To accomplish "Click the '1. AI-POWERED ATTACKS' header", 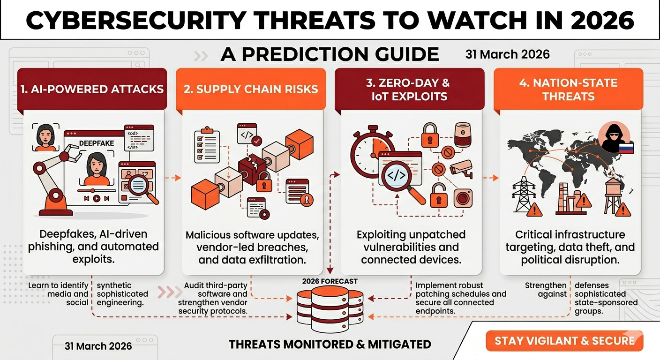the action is click(x=92, y=89).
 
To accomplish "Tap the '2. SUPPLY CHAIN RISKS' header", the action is click(x=251, y=89).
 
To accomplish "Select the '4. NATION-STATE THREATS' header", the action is click(x=569, y=90).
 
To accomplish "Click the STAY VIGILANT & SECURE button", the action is click(x=564, y=341).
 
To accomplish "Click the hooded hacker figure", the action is click(x=614, y=137).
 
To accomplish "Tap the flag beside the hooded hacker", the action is click(x=626, y=148).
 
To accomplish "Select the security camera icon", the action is click(x=461, y=169).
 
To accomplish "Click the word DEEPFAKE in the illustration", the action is click(x=97, y=143).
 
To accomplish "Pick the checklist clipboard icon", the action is click(x=207, y=145).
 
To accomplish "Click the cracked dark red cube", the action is click(x=252, y=169).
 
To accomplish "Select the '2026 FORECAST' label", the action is click(x=330, y=281).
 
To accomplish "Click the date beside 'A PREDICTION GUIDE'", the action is click(x=507, y=54).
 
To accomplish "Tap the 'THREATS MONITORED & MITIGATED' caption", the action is click(x=330, y=344).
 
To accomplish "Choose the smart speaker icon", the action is click(x=463, y=135).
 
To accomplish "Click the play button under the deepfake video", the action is click(x=97, y=198).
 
